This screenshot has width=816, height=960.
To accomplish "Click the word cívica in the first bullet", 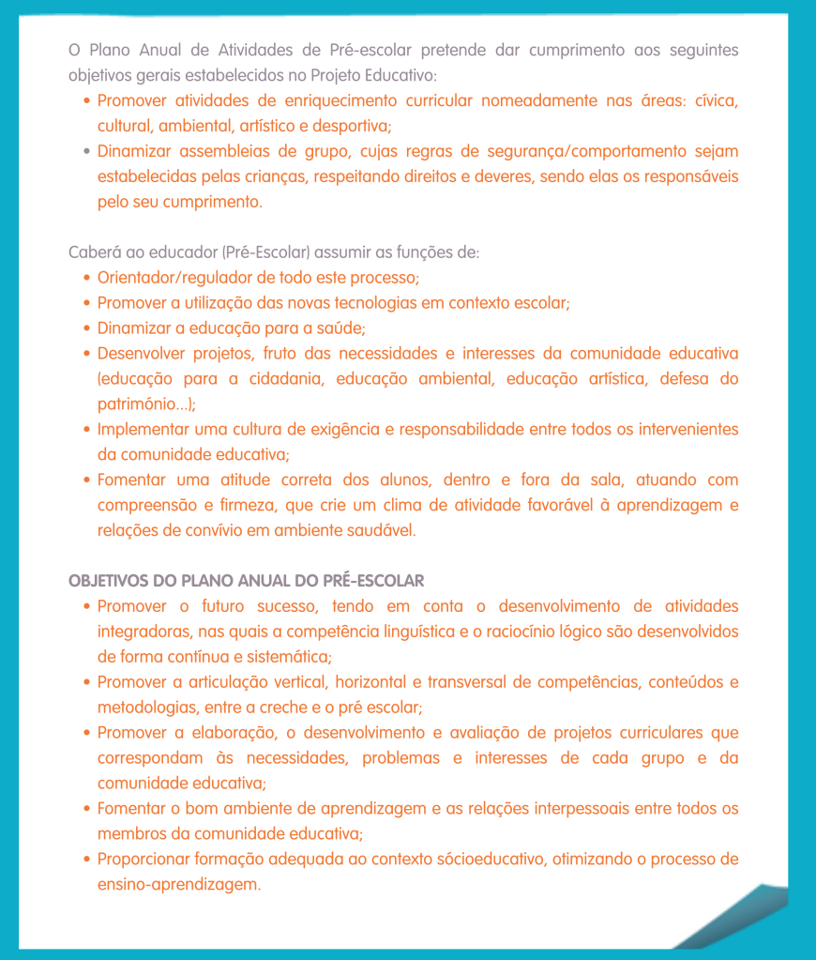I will point(716,100).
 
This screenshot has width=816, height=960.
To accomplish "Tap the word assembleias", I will point(222,151).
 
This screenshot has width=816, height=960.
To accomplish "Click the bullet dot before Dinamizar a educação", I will point(86,328).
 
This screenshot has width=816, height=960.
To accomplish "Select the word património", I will point(141,404).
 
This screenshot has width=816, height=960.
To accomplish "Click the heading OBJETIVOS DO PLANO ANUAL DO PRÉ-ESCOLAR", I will point(247,581).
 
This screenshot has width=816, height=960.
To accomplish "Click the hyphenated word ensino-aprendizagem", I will point(178,885).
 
